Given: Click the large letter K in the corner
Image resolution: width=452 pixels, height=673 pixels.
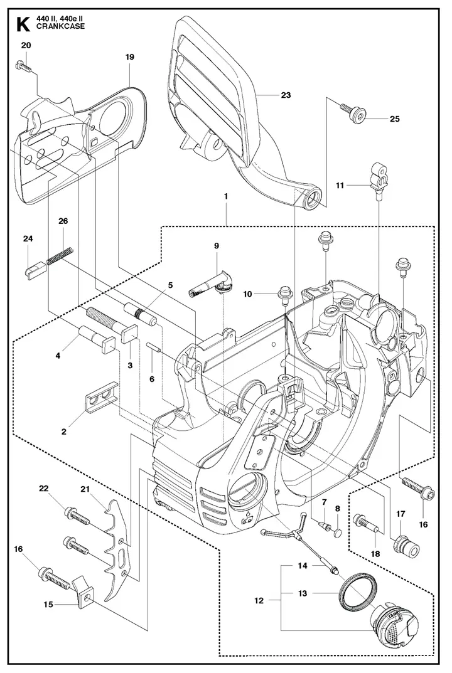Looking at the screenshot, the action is click(x=23, y=24).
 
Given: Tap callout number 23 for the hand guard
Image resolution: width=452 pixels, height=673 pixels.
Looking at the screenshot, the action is click(x=286, y=95).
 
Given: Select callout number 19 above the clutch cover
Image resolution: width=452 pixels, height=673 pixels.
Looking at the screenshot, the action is click(x=130, y=56).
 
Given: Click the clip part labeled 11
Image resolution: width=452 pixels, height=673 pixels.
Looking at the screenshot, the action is click(x=379, y=178).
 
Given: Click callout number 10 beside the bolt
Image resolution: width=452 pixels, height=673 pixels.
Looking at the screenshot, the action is click(x=247, y=294).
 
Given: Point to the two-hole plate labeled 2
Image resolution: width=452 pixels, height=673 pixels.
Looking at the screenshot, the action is click(x=102, y=398).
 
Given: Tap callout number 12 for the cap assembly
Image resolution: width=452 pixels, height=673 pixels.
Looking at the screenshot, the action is click(x=259, y=600).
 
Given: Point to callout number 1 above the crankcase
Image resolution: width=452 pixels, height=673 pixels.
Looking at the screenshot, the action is click(x=225, y=196).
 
